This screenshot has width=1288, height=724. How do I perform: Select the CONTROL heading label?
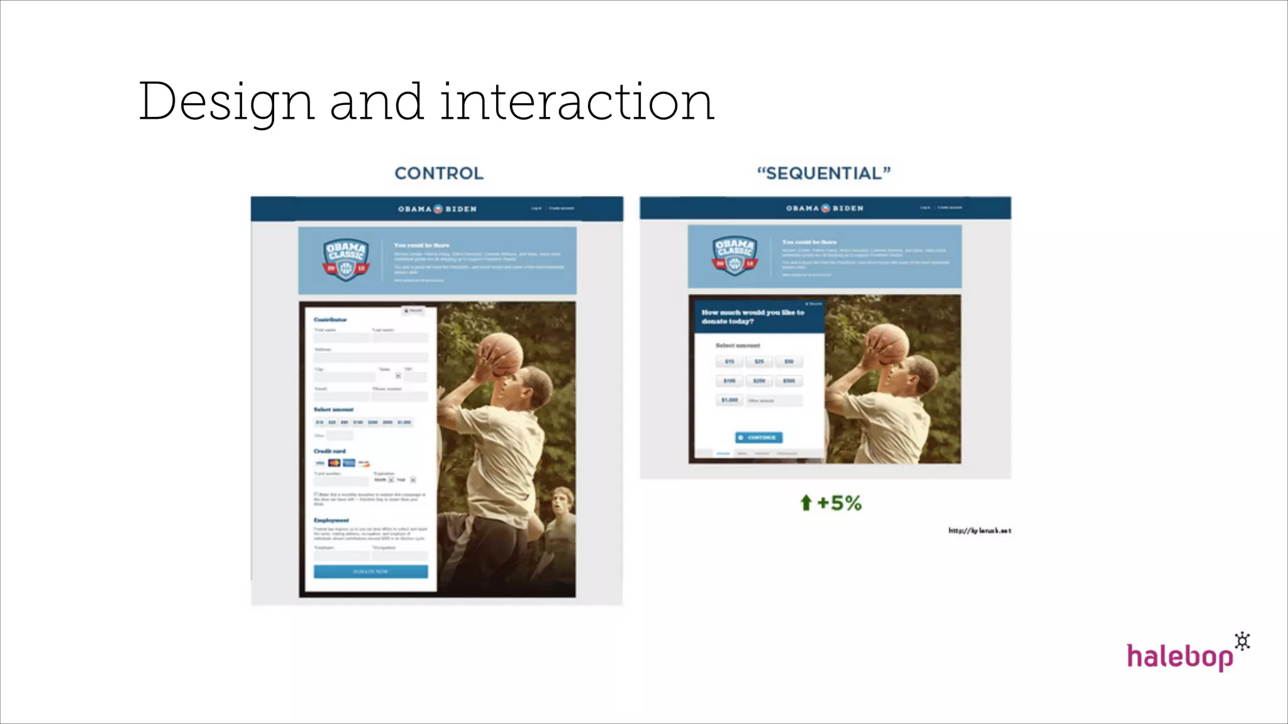(439, 173)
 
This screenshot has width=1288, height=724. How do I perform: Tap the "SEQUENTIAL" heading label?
(824, 173)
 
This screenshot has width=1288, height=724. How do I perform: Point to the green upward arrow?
(806, 503)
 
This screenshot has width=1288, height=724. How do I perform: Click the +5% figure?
(839, 503)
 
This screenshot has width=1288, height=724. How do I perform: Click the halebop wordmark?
(1179, 657)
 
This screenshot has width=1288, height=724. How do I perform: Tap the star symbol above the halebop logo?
(1242, 642)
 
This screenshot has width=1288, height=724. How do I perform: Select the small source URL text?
(979, 531)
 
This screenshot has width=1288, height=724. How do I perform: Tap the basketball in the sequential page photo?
(887, 344)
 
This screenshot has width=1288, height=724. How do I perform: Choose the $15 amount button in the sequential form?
(730, 362)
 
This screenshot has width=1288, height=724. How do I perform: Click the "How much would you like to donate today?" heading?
(752, 317)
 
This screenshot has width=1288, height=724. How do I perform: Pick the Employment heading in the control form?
(331, 520)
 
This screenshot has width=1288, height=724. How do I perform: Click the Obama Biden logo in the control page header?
(437, 209)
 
